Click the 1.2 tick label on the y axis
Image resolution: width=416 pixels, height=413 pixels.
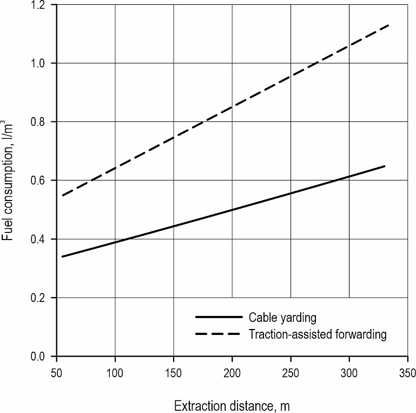point(43,5)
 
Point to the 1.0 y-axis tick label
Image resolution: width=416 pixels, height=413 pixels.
point(43,63)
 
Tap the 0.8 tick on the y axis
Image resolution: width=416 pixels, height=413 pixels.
point(43,122)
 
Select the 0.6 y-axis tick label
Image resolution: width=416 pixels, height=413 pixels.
point(43,180)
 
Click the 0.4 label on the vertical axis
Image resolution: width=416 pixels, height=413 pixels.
point(43,239)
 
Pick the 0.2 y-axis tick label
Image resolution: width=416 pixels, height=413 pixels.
point(43,298)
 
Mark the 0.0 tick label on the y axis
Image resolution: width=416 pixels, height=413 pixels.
point(43,356)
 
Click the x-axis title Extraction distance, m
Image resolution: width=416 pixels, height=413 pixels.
point(232,405)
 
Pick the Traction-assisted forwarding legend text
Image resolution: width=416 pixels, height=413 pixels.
point(318,334)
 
